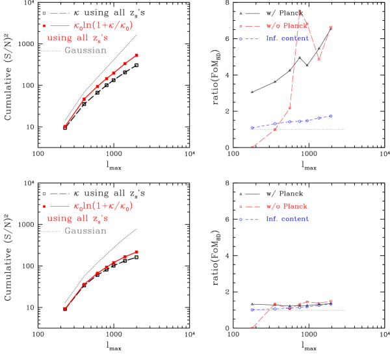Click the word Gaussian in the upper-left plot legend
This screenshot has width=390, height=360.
point(85,50)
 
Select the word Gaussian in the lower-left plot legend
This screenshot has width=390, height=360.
point(85,231)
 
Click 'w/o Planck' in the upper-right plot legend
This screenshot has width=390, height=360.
point(287,26)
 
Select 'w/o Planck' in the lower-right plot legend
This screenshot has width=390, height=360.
point(287,207)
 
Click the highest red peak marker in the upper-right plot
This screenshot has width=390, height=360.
point(300,11)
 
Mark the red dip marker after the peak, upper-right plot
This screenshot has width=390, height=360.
point(318,59)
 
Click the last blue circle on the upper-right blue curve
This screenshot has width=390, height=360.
point(331,116)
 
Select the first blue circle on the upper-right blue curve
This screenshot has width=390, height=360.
point(252,128)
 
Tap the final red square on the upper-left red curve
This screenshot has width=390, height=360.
point(136,55)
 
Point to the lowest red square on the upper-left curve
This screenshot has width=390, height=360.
point(65,126)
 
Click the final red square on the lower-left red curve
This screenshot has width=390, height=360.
point(136,251)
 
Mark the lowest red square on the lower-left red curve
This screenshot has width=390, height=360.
point(65,309)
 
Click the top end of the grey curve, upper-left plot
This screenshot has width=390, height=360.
point(136,35)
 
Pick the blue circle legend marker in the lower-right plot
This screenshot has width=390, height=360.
point(240,220)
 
